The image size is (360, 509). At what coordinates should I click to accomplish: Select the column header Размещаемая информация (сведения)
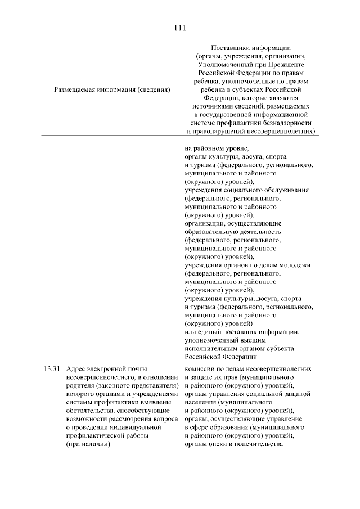tap(112, 89)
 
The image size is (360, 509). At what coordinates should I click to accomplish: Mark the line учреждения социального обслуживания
tap(247, 190)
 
